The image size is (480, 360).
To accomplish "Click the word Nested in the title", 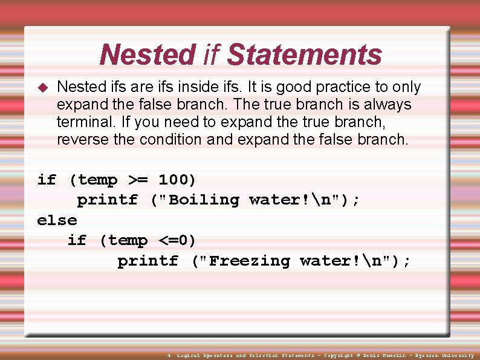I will [x=148, y=55].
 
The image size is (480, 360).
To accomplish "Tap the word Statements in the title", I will [x=304, y=55].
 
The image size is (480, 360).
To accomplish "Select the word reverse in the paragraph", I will [x=85, y=140].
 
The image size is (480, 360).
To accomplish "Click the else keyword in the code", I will [x=57, y=220].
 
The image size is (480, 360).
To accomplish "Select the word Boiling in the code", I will [x=204, y=200].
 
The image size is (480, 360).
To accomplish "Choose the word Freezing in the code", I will [x=249, y=261].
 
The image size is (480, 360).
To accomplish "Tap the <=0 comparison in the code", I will [x=177, y=241].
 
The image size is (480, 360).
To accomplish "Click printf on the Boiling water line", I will [x=107, y=200].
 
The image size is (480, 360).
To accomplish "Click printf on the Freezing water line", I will [x=148, y=261].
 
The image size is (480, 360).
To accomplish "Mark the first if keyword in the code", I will [x=47, y=180].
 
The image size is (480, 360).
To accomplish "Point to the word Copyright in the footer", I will [x=340, y=356].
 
